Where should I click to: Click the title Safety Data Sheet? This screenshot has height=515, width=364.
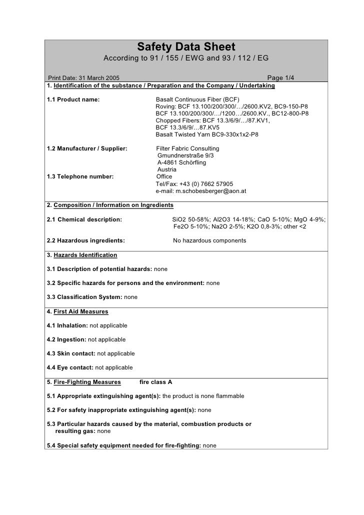pyautogui.click(x=186, y=47)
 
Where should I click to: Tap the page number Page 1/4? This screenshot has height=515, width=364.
pyautogui.click(x=281, y=77)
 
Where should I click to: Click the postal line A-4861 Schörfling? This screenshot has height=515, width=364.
pyautogui.click(x=181, y=162)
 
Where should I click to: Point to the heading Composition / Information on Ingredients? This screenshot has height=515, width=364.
pyautogui.click(x=113, y=205)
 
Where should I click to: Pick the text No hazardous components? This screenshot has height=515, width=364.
pyautogui.click(x=209, y=240)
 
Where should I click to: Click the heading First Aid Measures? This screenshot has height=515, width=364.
pyautogui.click(x=80, y=311)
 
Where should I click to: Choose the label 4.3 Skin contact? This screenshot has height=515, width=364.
pyautogui.click(x=70, y=353)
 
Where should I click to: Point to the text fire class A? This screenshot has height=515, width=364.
pyautogui.click(x=155, y=382)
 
